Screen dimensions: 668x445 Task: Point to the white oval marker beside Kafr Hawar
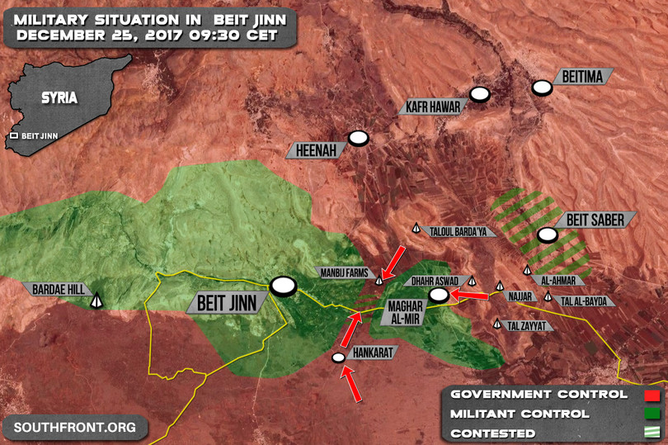480,94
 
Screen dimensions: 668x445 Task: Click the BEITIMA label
583,77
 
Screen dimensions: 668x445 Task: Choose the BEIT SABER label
595,220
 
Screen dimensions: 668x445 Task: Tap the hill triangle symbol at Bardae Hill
96,301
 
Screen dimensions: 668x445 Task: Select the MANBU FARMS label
344,272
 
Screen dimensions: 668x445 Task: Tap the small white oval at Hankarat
337,357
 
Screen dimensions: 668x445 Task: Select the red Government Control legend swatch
653,395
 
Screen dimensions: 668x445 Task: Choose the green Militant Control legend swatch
653,414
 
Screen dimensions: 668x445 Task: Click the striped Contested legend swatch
653,433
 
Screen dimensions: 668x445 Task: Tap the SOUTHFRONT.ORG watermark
74,428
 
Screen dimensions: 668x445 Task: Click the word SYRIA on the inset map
60,98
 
